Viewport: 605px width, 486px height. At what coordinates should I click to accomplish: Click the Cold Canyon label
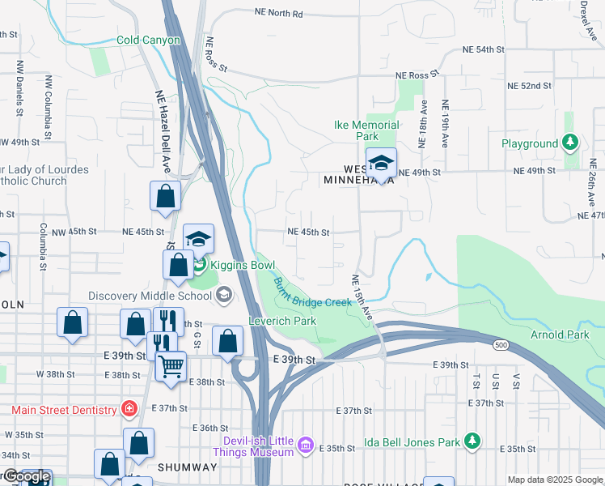[148, 40]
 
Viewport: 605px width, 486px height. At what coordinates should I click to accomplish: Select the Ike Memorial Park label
[367, 130]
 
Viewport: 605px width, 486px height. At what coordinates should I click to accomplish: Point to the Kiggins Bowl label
[243, 266]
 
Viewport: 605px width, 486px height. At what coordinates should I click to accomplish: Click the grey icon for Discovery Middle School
[225, 296]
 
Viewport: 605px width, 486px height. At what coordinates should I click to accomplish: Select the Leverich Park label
[282, 321]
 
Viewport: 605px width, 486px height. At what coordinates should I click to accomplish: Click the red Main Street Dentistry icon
[129, 410]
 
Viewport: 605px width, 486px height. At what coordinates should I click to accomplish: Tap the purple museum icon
[305, 445]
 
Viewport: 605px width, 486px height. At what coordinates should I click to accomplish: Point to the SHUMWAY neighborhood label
[187, 467]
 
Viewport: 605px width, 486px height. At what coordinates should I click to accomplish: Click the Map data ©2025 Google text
[555, 480]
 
